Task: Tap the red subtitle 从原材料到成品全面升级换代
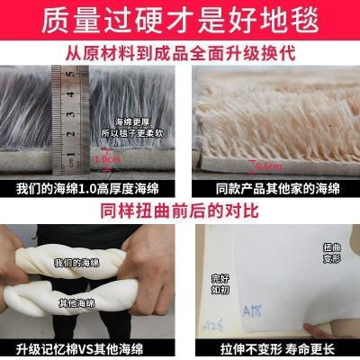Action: (x=180, y=52)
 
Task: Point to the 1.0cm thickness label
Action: (x=107, y=160)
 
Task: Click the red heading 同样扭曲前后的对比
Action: (x=180, y=212)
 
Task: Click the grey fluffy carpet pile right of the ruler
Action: (x=135, y=90)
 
